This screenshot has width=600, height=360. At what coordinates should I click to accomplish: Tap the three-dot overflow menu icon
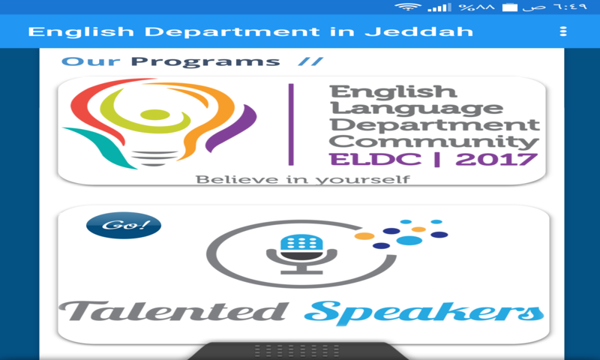pos(563,31)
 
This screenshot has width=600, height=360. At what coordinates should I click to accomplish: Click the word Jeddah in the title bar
pos(436,31)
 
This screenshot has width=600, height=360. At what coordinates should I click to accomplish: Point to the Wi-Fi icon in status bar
pos(408,7)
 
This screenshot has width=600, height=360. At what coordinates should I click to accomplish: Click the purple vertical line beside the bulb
pos(290,124)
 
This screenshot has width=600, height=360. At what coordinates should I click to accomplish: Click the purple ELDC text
pos(358,159)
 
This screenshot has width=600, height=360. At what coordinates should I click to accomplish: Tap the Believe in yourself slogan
pos(302,179)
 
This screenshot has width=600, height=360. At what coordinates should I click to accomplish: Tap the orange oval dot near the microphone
pos(364,235)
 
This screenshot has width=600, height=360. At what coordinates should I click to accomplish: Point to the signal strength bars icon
pos(439,7)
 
